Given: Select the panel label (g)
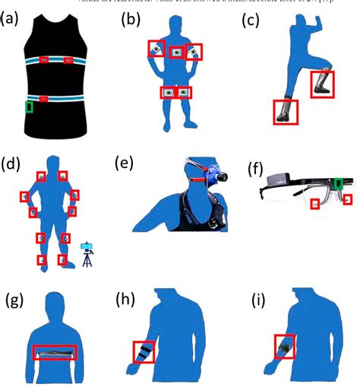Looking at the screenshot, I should click(x=14, y=300).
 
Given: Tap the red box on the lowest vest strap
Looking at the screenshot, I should click(x=45, y=99).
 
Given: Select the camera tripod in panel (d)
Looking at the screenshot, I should click(x=87, y=254).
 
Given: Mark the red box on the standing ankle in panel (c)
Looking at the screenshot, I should click(x=286, y=112).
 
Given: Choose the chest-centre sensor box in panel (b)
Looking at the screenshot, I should click(x=176, y=51).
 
